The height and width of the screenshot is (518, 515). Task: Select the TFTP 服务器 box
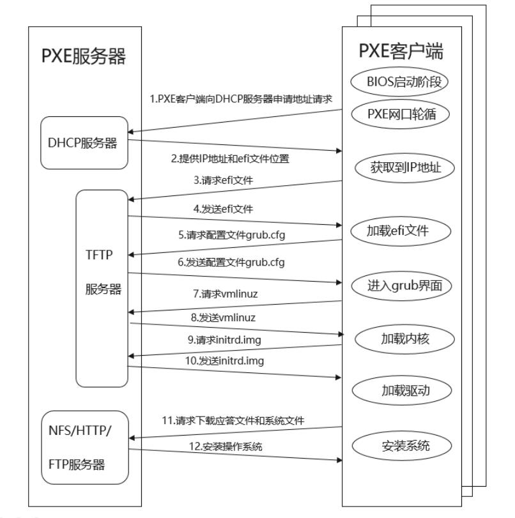pyautogui.click(x=102, y=287)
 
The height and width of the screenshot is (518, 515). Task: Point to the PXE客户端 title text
pyautogui.click(x=401, y=49)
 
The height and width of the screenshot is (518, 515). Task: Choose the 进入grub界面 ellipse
pyautogui.click(x=401, y=285)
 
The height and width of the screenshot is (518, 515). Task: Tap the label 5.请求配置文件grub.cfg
pyautogui.click(x=231, y=235)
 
